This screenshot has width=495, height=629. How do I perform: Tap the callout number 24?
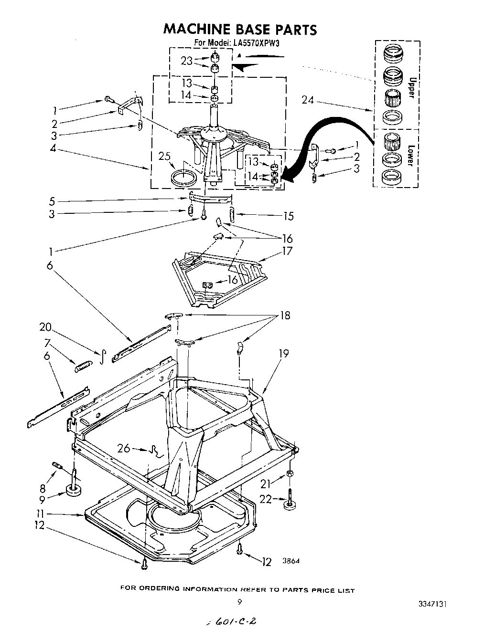click(x=308, y=100)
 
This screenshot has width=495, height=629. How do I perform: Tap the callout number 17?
click(x=287, y=251)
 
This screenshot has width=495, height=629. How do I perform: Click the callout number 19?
click(x=283, y=354)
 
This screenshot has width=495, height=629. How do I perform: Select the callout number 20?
click(x=46, y=327)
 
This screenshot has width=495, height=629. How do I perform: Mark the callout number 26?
click(x=124, y=448)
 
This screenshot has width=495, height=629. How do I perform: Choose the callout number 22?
click(x=266, y=499)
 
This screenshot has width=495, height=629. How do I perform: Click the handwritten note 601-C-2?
click(x=231, y=621)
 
